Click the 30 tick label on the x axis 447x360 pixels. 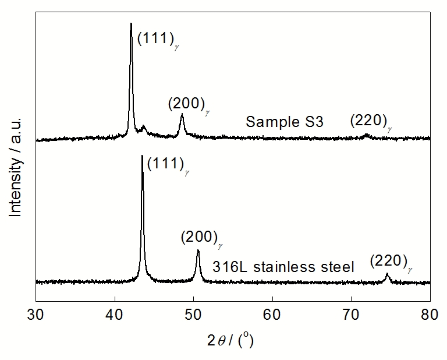[x=36, y=315]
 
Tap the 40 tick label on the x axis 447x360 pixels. [x=115, y=315]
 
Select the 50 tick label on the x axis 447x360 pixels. [x=193, y=315]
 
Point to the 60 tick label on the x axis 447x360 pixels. [x=272, y=315]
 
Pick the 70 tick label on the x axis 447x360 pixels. [x=351, y=315]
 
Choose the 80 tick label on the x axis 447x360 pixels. [x=430, y=315]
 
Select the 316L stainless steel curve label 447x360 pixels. [x=283, y=267]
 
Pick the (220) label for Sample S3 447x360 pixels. [x=370, y=121]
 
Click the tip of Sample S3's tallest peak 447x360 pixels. [x=131, y=23]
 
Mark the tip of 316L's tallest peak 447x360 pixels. [x=142, y=156]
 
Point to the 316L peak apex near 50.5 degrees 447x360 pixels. [x=198, y=250]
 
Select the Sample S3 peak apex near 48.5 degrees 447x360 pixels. [x=182, y=115]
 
